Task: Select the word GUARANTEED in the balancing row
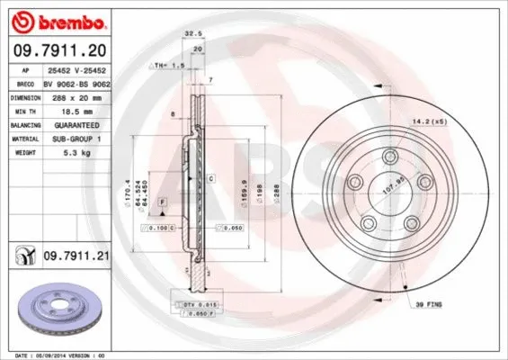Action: pyautogui.click(x=69, y=126)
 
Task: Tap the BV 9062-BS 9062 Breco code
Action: pyautogui.click(x=76, y=83)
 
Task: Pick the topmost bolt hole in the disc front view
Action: pyautogui.click(x=389, y=158)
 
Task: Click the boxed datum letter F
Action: pyautogui.click(x=162, y=204)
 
